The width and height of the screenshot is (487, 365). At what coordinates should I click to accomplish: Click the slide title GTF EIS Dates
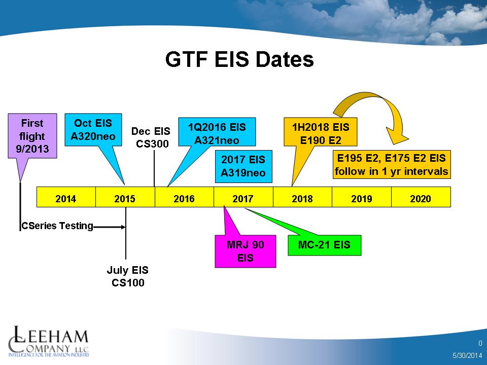[239, 59]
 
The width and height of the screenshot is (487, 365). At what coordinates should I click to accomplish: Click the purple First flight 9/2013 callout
[32, 136]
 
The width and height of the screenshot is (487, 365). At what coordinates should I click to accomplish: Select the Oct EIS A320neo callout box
[93, 130]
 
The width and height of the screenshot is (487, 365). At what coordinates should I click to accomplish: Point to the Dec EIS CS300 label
[151, 137]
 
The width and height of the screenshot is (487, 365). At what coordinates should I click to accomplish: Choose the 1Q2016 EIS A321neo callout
[217, 132]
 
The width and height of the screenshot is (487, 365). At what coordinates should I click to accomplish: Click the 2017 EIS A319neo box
[243, 166]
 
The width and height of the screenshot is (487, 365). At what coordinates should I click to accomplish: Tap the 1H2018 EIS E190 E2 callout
[321, 132]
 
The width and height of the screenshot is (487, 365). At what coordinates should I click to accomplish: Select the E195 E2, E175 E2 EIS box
[392, 164]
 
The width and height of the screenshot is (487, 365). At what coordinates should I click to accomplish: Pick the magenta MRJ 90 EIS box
[246, 251]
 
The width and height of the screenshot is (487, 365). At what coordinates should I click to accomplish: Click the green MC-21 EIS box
[325, 245]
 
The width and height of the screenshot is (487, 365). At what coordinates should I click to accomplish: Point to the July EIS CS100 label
[128, 276]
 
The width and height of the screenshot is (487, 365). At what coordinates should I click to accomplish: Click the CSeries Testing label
[57, 226]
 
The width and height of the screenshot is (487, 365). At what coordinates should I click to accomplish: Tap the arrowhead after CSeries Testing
[123, 227]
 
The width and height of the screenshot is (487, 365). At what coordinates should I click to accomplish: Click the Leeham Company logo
[49, 341]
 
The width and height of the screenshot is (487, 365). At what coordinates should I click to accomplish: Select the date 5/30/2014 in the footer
[467, 355]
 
